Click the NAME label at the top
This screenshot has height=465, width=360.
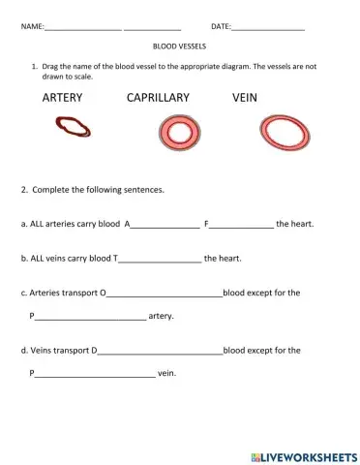click(x=32, y=26)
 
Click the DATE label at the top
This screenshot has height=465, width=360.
click(x=221, y=26)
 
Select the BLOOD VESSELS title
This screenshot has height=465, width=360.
click(x=179, y=46)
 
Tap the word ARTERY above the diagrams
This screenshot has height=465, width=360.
click(x=63, y=98)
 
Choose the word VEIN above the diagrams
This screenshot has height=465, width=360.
click(x=249, y=98)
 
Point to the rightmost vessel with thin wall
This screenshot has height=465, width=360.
click(x=285, y=133)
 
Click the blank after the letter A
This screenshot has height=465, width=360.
click(x=165, y=225)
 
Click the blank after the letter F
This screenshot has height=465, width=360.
click(x=241, y=225)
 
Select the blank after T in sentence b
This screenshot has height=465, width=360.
click(x=160, y=260)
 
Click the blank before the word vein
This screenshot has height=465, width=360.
click(x=95, y=374)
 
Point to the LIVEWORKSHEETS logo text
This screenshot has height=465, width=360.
click(x=302, y=454)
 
